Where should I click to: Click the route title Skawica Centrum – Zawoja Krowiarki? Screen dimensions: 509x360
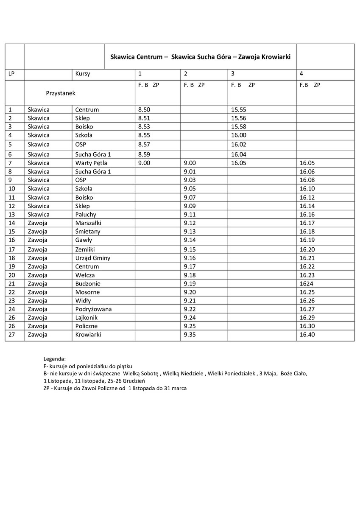[x=200, y=56]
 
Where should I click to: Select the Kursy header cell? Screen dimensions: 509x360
[x=83, y=74]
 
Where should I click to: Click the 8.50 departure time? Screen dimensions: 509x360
[x=144, y=109]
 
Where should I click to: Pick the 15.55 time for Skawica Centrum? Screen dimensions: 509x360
[x=238, y=109]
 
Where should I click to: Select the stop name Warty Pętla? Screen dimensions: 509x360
[x=91, y=163]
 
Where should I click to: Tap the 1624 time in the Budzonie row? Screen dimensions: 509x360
[x=306, y=283]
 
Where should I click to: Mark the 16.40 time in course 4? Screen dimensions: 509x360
[x=307, y=335]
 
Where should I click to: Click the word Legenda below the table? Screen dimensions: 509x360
[x=55, y=359]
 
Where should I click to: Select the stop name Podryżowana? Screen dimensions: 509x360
[x=93, y=309]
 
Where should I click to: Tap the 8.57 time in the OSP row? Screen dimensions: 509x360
[x=144, y=144]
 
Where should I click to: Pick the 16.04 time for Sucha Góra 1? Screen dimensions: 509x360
[x=238, y=154]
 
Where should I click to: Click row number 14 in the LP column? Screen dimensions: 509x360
[x=11, y=223]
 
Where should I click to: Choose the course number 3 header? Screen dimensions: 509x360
[x=233, y=74]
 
